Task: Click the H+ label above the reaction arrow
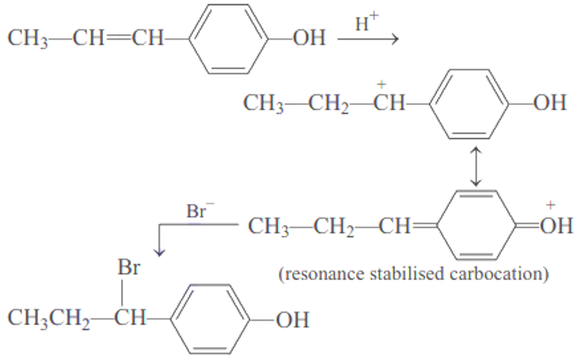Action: [365, 24]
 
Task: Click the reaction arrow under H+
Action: [367, 40]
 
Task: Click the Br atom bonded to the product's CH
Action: [129, 269]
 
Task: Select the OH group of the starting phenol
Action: [309, 38]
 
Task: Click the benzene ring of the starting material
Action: [228, 38]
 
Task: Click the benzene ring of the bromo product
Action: [210, 319]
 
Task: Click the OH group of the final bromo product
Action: [292, 320]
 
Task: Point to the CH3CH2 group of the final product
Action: [50, 320]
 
